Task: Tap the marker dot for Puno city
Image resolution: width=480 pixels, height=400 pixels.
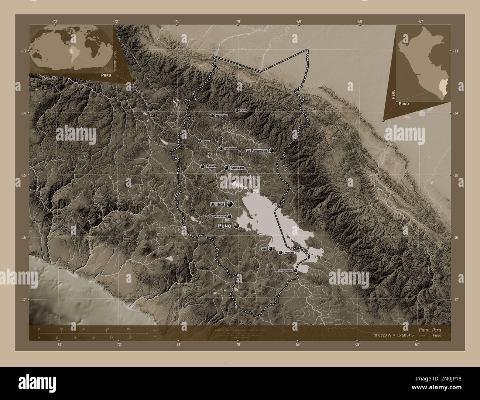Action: (x=236, y=225)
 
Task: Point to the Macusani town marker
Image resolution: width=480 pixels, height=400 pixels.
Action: (x=212, y=116)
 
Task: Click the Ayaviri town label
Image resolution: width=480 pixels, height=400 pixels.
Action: (x=211, y=166)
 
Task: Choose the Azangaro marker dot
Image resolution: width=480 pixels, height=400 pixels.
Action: (x=226, y=168)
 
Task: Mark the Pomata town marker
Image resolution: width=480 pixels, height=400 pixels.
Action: (x=281, y=253)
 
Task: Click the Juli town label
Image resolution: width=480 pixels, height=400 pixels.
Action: (x=264, y=249)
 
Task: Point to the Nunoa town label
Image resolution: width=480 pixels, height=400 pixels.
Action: (x=206, y=141)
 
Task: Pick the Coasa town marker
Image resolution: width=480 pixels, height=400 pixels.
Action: (x=237, y=110)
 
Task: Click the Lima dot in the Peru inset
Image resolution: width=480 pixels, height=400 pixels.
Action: (x=416, y=75)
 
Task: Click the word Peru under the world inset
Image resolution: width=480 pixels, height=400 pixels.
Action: (x=103, y=75)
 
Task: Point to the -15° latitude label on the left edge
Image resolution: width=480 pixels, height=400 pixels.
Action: (x=24, y=175)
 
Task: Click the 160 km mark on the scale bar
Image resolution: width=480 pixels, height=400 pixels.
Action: (x=129, y=328)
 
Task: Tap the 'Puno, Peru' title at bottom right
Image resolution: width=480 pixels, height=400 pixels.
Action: (x=428, y=329)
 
